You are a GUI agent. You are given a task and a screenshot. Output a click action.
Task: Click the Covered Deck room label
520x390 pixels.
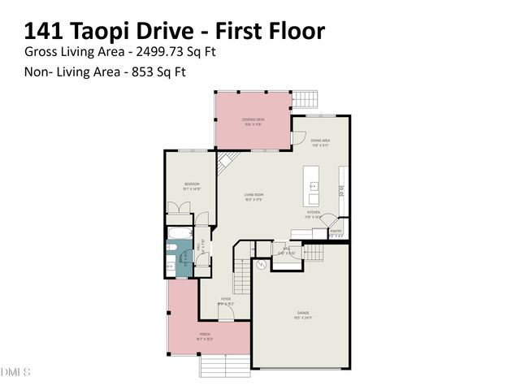tap(253, 122)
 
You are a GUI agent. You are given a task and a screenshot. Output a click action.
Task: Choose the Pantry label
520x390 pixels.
tap(336, 232)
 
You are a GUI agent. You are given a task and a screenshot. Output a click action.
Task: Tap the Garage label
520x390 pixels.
tap(301, 314)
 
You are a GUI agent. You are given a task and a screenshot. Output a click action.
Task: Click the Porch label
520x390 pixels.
tap(206, 336)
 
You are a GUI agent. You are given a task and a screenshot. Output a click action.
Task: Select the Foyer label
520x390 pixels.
tap(225, 301)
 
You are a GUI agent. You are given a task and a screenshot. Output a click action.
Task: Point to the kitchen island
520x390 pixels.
tap(311, 188)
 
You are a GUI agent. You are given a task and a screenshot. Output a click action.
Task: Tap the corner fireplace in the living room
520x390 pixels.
tap(227, 161)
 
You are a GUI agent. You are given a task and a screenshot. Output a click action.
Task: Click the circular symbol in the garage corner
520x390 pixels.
tap(262, 266)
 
